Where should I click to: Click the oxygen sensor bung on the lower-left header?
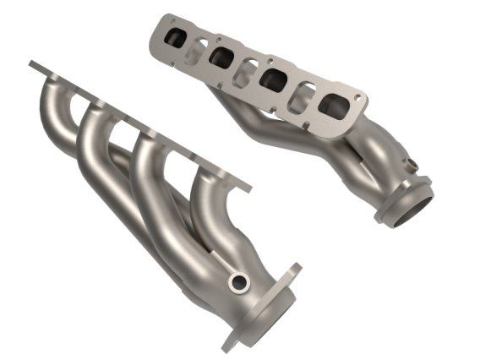click(x=241, y=282)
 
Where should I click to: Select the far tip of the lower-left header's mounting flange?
click(x=32, y=64)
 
